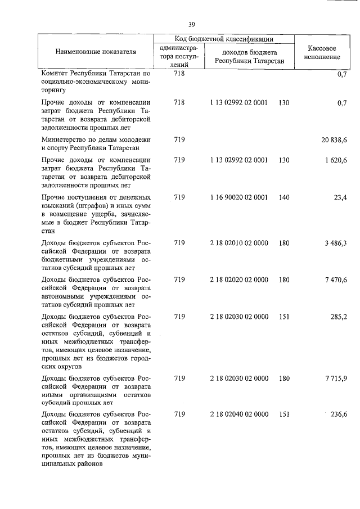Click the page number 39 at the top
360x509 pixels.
[x=192, y=25]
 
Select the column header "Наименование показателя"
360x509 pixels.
[x=96, y=52]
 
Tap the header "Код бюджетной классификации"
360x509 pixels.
[x=224, y=39]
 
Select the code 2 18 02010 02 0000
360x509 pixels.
[x=238, y=243]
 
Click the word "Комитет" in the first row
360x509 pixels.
[x=55, y=73]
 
